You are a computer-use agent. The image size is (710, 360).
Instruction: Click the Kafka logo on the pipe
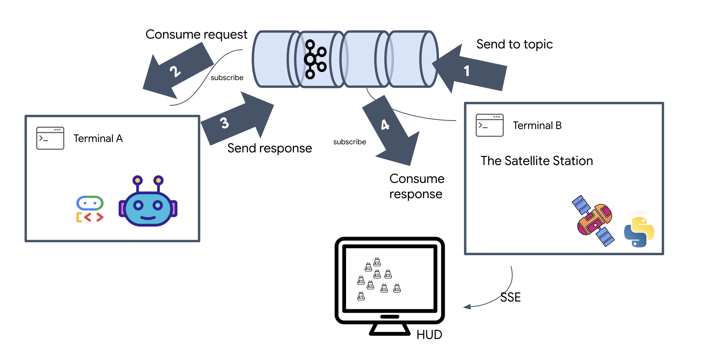pos(315,59)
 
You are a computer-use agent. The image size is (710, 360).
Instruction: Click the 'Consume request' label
pos(196,35)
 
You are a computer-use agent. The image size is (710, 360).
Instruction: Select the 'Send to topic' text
pos(515,44)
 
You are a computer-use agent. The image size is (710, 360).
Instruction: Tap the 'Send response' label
pos(269,148)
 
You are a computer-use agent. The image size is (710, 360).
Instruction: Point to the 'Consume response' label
pos(417,186)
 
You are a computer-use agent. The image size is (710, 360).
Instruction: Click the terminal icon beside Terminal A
pos(50,138)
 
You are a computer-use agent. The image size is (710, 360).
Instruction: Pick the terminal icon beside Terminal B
pos(489,125)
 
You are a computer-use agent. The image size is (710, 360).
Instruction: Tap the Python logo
pos(639,232)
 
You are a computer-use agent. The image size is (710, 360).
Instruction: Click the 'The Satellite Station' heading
pos(537,161)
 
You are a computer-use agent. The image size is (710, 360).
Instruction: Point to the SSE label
pos(510,297)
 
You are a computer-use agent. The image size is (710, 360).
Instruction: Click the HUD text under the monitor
pos(429,335)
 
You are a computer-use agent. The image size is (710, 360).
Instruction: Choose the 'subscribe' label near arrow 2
pos(227,78)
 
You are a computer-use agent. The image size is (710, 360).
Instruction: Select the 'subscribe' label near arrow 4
pos(350,142)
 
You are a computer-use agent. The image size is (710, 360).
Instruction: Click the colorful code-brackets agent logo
pos(90,209)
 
